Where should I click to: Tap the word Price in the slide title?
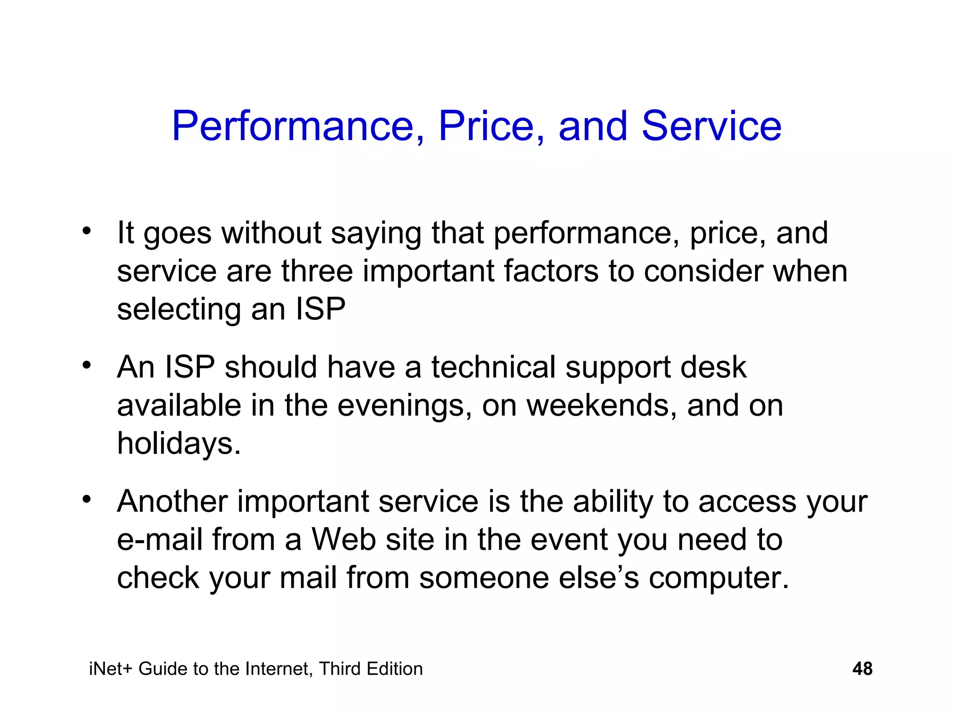[491, 126]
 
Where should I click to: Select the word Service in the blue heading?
[711, 126]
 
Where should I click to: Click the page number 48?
[862, 669]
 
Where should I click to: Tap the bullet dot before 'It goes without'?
[86, 231]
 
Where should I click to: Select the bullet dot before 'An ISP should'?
[86, 365]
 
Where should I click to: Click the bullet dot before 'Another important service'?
[86, 499]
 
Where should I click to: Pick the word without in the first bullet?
[271, 233]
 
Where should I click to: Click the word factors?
[551, 271]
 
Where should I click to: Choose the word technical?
[493, 367]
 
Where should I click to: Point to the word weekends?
[601, 405]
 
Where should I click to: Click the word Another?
[172, 502]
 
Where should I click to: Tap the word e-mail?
[159, 540]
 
